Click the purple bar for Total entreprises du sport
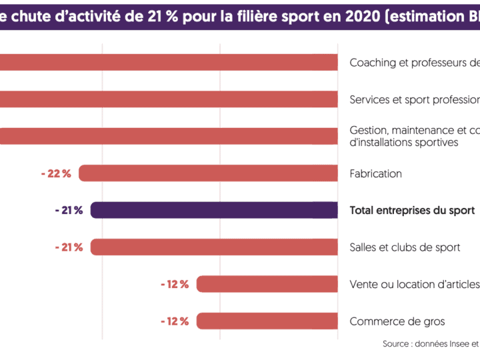(214, 211)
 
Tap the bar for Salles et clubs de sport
(214, 247)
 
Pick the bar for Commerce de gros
(267, 321)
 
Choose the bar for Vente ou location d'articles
(267, 284)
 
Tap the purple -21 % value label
(69, 211)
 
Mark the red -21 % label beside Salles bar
(69, 247)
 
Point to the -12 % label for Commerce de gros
(175, 321)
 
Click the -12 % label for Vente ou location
(175, 284)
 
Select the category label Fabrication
(375, 173)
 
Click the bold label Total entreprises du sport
(412, 211)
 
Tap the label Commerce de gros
(397, 321)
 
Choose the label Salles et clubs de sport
(405, 247)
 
